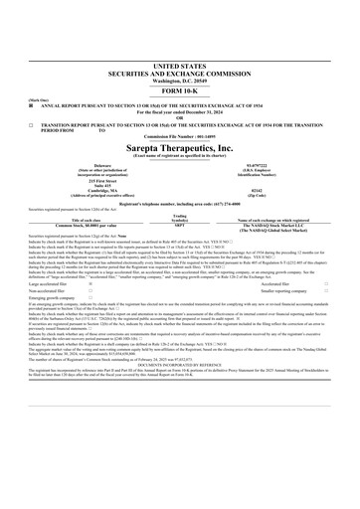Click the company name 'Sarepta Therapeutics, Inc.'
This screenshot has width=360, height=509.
[x=179, y=144]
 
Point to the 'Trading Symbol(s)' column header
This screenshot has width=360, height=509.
[x=179, y=219]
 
